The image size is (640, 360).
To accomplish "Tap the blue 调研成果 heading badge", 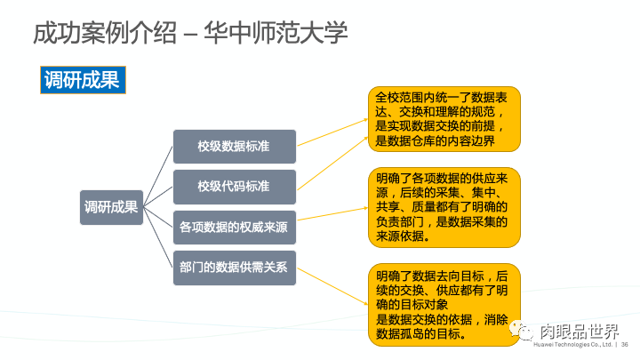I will (81, 80).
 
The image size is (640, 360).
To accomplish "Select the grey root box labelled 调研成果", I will (111, 207).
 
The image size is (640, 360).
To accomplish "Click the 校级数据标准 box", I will (234, 145).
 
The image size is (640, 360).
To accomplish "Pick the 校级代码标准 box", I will (234, 186).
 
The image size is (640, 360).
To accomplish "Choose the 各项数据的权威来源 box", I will (234, 227).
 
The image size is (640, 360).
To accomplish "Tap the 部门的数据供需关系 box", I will (234, 268).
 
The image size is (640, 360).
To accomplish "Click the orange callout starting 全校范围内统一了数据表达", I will (444, 118).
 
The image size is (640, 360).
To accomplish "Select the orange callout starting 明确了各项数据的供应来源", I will (444, 207).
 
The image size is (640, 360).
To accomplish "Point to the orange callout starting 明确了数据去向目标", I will (444, 304).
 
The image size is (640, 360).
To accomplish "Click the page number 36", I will (624, 345).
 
